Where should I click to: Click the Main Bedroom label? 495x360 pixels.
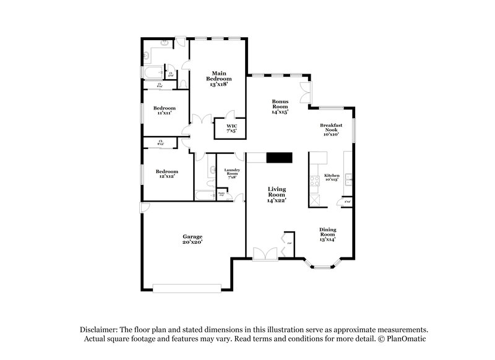click(x=218, y=79)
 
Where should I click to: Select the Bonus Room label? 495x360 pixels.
click(x=282, y=106)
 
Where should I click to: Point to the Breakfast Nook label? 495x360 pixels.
click(x=331, y=129)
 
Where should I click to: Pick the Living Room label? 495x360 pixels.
click(x=276, y=194)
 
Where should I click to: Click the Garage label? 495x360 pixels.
click(x=192, y=239)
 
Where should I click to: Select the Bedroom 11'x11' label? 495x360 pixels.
click(x=164, y=110)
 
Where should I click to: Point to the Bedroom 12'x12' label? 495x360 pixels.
click(x=167, y=174)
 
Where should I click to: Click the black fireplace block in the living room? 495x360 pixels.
click(x=278, y=158)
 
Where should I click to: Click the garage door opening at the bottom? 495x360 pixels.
click(x=187, y=287)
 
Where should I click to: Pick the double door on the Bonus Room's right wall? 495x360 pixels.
click(x=305, y=93)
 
